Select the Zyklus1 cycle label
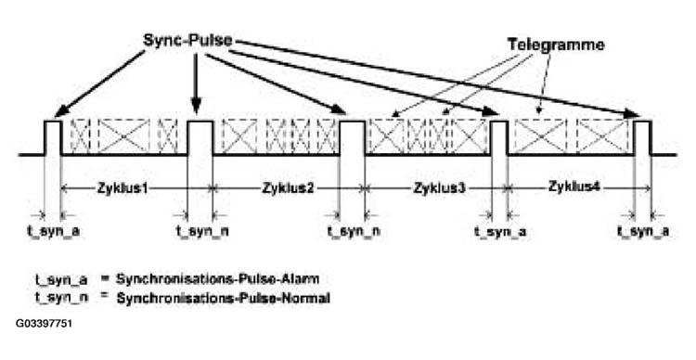(124, 187)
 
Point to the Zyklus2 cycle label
(277, 187)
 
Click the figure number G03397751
(44, 324)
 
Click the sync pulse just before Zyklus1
(53, 137)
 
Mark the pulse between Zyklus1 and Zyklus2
(200, 137)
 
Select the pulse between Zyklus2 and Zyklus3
(353, 137)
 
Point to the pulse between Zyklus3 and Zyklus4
(499, 137)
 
